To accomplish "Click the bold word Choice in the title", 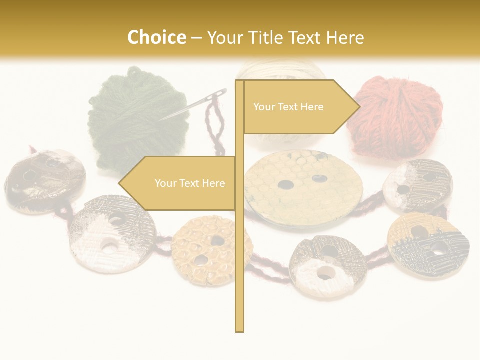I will [x=156, y=38].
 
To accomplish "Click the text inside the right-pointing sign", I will [x=288, y=107].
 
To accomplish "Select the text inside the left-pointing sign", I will [x=190, y=183].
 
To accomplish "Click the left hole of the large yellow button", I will [x=286, y=185].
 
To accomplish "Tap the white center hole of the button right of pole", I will [x=325, y=273].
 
